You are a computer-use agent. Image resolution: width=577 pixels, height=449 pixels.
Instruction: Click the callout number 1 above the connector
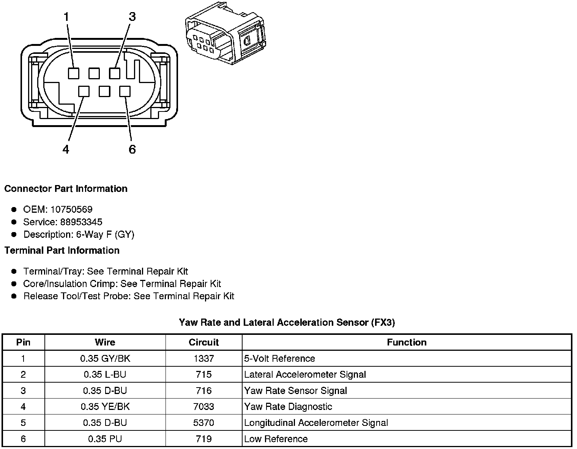[x=66, y=17]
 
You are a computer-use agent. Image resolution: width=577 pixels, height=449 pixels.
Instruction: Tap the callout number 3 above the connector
[x=132, y=17]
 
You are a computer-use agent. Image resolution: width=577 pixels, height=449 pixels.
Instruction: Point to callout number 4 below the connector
[x=66, y=149]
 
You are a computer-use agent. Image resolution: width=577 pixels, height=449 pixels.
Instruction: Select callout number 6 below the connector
[x=132, y=149]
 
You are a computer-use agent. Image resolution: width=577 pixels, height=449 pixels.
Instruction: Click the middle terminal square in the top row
[x=94, y=73]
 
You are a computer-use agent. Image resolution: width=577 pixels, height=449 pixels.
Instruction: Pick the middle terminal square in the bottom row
[x=104, y=91]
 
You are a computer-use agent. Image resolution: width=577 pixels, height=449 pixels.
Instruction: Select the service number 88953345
[x=81, y=222]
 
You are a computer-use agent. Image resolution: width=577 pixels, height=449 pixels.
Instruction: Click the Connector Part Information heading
[x=66, y=189]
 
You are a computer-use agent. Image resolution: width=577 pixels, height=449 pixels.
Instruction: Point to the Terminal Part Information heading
[x=62, y=251]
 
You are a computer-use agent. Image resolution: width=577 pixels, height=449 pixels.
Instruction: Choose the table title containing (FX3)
[x=287, y=323]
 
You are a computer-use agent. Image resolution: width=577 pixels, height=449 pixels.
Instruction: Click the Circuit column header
[x=203, y=342]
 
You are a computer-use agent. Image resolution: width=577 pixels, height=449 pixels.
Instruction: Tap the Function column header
[x=407, y=342]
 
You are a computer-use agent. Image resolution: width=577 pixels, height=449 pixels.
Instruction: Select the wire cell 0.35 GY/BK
[x=105, y=359]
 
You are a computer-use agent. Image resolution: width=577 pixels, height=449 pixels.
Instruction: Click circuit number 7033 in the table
[x=203, y=407]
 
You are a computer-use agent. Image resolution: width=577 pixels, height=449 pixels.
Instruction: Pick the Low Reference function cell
[x=276, y=439]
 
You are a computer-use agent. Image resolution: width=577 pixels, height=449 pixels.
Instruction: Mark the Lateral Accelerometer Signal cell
[x=305, y=375]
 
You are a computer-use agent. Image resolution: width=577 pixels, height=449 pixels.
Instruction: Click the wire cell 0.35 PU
[x=105, y=439]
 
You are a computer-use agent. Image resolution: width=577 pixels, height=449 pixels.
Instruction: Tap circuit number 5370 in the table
[x=203, y=423]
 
